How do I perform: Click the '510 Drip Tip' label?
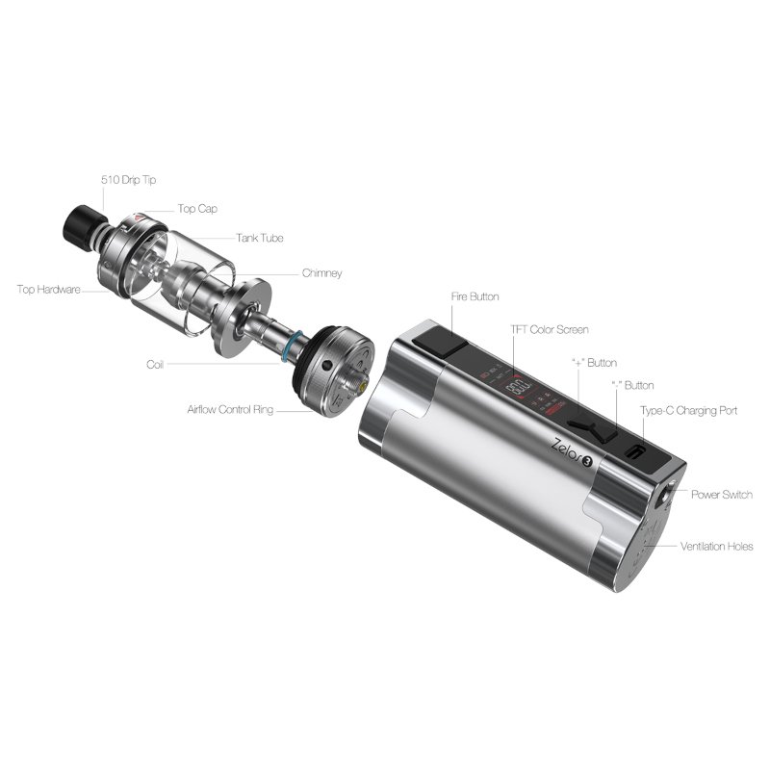pyautogui.click(x=128, y=179)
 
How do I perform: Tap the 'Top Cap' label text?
pyautogui.click(x=197, y=208)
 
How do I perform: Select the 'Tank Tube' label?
pyautogui.click(x=259, y=238)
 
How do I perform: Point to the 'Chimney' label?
pyautogui.click(x=321, y=273)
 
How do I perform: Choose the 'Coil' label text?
pyautogui.click(x=155, y=365)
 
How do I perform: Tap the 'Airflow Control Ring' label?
pyautogui.click(x=231, y=410)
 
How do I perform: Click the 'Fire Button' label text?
pyautogui.click(x=475, y=296)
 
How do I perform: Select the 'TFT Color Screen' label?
pyautogui.click(x=550, y=329)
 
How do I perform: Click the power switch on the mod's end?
pyautogui.click(x=663, y=497)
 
